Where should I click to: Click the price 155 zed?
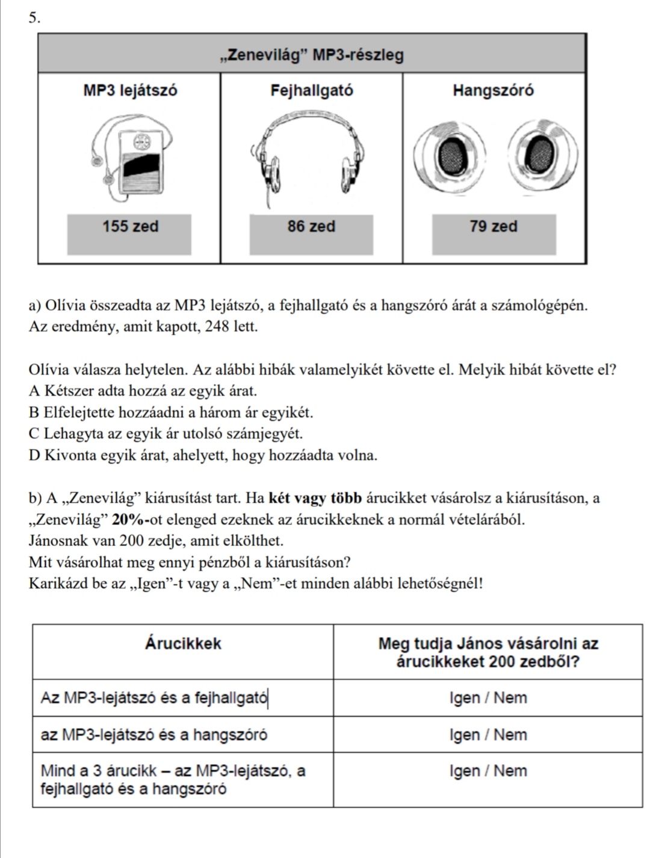[130, 227]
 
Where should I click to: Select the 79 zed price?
[494, 227]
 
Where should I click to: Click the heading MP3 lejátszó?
[130, 91]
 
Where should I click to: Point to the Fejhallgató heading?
[311, 91]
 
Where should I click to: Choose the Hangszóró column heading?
[493, 91]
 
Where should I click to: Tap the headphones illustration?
[311, 153]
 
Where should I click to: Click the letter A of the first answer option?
[34, 391]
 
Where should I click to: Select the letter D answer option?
[34, 455]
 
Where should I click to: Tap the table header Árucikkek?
[183, 643]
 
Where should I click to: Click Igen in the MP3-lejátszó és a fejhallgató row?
[465, 698]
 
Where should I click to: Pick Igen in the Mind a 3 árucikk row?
[465, 771]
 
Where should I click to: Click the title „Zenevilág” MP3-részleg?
[311, 56]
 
